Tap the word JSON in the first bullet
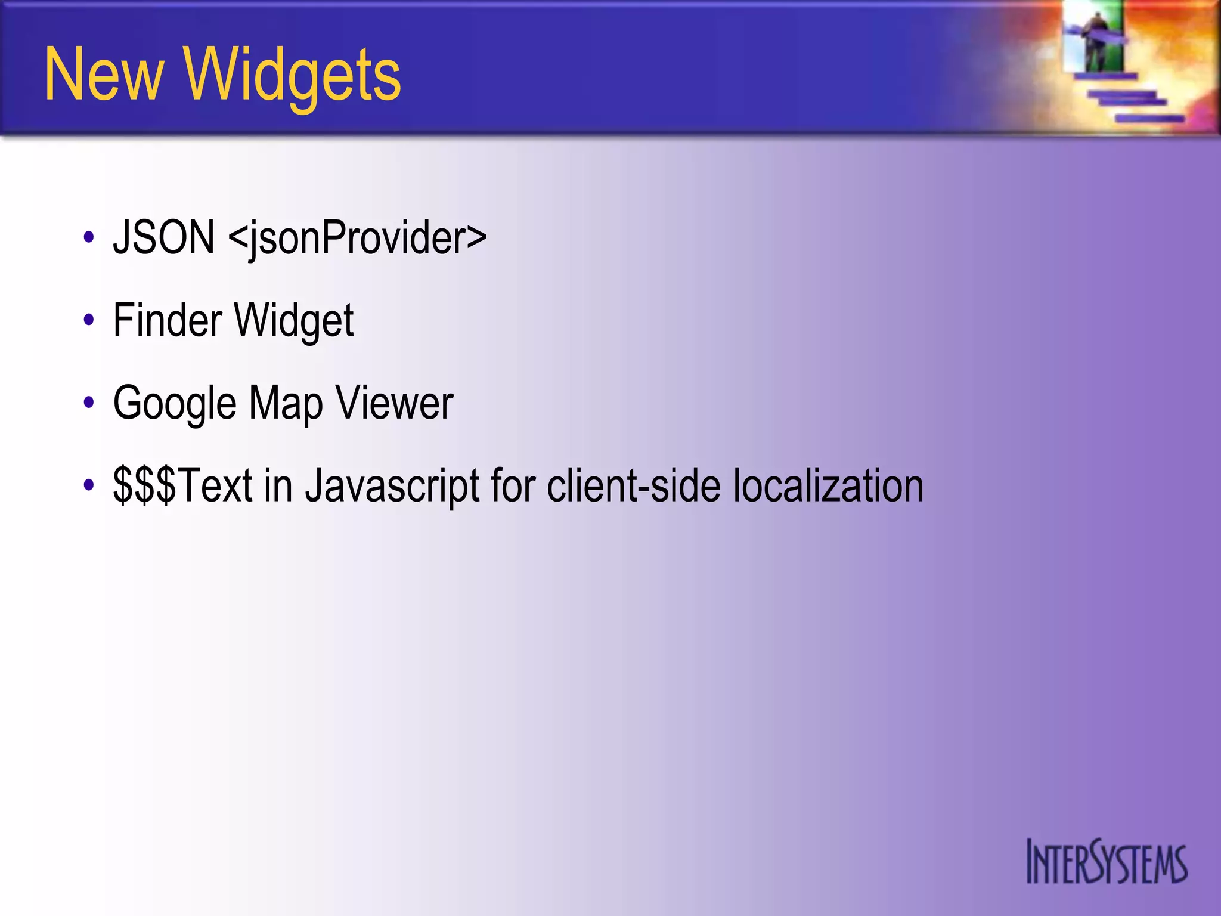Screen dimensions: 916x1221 tap(164, 237)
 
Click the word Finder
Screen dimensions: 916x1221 tap(168, 320)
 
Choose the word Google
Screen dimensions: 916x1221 tap(175, 404)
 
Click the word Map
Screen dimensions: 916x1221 tap(286, 404)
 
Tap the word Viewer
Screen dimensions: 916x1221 tap(394, 404)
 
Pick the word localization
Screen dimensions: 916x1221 tap(828, 485)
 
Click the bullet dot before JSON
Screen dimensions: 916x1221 tap(89, 237)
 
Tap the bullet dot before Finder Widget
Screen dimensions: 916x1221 tap(89, 320)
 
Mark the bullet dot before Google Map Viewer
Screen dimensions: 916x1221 tap(89, 403)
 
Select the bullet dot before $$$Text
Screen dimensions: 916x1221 tap(89, 485)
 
